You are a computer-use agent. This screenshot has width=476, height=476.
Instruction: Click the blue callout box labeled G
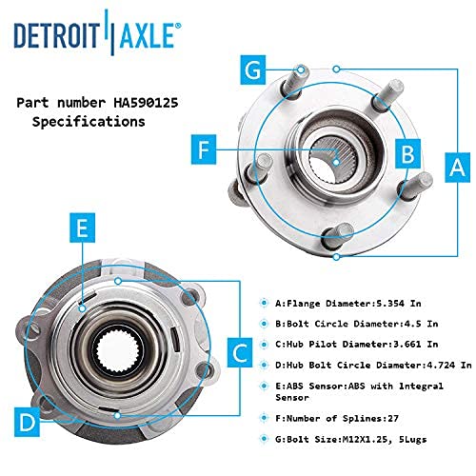[x=253, y=69]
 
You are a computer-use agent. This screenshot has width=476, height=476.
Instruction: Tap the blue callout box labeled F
[x=204, y=149]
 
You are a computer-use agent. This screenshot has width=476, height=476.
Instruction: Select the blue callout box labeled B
[x=407, y=153]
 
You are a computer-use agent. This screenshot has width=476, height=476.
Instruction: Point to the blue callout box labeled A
[x=457, y=168]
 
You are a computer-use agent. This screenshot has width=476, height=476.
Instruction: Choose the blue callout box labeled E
[x=83, y=228]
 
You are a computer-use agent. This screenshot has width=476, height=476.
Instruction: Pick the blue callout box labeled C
[x=240, y=352]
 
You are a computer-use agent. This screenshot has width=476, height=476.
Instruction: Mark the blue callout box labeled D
[x=28, y=422]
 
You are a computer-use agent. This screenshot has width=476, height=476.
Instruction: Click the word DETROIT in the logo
[x=57, y=35]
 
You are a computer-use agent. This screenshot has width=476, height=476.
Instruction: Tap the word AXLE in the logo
[x=148, y=35]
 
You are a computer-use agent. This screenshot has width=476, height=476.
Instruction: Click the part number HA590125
[x=146, y=103]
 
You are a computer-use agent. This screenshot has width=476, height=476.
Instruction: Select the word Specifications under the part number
[x=89, y=122]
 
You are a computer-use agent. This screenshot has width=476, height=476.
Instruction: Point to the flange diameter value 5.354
[x=390, y=304]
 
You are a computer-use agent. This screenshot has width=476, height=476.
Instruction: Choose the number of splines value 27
[x=393, y=418]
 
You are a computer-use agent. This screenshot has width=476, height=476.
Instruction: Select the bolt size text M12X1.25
[x=366, y=440]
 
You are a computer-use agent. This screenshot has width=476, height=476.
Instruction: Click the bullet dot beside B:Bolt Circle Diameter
[x=264, y=324]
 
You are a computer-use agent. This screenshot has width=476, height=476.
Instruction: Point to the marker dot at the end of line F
[x=336, y=162]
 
